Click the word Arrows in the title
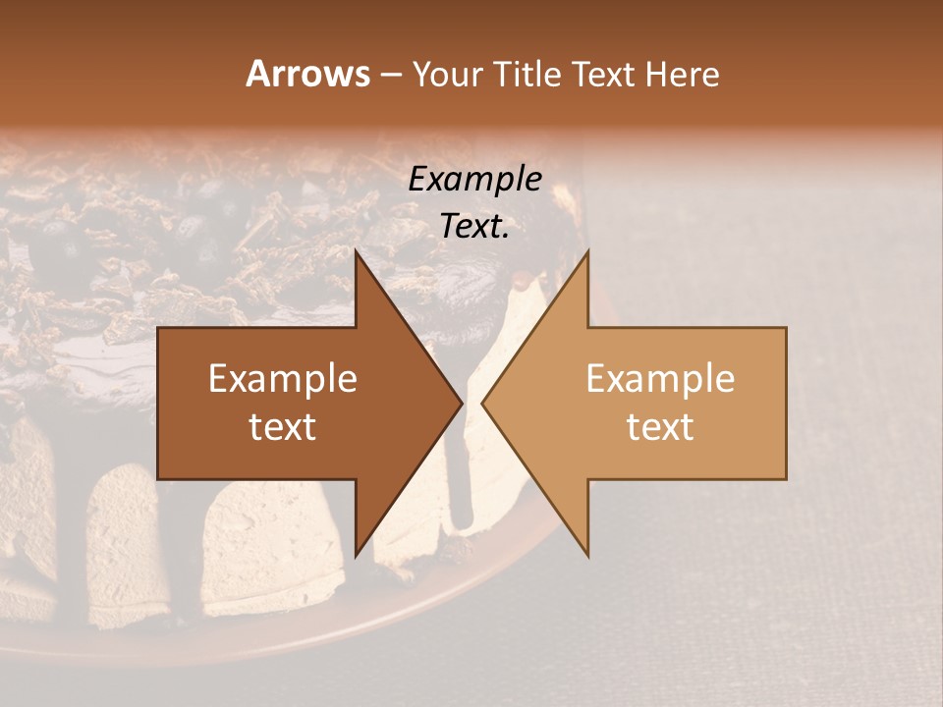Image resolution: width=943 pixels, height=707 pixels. pos(307,74)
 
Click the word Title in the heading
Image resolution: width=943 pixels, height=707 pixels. pos(527,75)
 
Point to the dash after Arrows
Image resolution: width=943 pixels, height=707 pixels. pos(390,76)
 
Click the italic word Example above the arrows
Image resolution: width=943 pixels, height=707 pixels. pos(474,179)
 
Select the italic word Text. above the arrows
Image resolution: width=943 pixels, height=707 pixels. pos(474,226)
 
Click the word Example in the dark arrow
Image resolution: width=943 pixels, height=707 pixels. pos(283,379)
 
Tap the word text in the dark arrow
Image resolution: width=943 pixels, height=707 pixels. pos(283,426)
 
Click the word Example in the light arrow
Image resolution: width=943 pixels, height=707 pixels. pos(660,379)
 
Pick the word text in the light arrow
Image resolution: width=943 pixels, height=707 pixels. pos(660,426)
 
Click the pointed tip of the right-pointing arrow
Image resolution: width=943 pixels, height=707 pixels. pos(463,403)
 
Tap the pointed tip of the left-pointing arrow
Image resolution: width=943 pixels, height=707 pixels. pos(481,403)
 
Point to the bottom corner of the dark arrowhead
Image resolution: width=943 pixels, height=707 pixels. pos(356,557)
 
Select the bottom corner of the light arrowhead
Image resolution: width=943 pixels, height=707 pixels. pos(588,557)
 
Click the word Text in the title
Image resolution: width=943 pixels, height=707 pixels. pos(605,75)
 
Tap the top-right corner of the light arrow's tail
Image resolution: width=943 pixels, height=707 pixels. pos(786,327)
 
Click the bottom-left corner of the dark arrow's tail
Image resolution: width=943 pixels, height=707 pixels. pos(158,479)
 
